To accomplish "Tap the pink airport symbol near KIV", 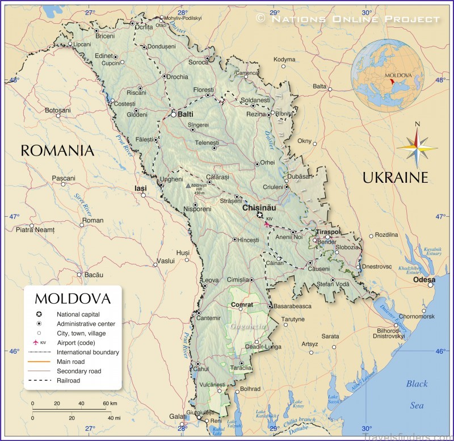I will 267,224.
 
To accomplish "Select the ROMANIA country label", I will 57,150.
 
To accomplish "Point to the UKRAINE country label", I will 395,178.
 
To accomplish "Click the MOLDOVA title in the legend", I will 72,299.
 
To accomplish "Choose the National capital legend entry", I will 78,314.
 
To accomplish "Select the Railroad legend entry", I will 68,381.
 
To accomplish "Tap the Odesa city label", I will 424,280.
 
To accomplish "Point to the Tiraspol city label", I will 328,233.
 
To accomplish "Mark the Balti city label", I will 186,114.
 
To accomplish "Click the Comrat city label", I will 242,305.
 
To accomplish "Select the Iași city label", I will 140,188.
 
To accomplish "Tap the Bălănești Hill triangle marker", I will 188,185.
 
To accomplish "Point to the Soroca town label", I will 198,62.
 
